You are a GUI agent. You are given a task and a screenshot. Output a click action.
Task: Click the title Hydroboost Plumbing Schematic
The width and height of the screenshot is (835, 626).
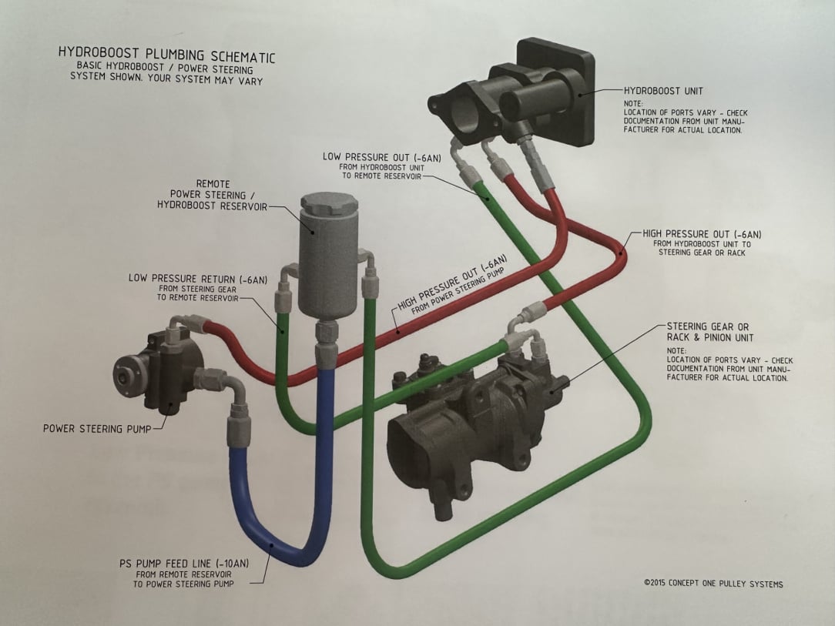[166, 56]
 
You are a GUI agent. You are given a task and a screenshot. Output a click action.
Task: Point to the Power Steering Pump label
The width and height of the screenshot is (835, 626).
[92, 428]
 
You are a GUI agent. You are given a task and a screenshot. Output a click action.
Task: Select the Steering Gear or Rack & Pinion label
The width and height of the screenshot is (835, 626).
[707, 332]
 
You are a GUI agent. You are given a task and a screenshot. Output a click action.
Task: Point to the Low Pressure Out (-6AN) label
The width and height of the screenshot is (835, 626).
[382, 157]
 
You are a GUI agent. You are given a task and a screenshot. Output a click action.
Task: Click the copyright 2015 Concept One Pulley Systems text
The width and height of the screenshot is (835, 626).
[713, 584]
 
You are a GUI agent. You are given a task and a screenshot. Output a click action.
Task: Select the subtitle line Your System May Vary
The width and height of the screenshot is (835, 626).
[166, 79]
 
